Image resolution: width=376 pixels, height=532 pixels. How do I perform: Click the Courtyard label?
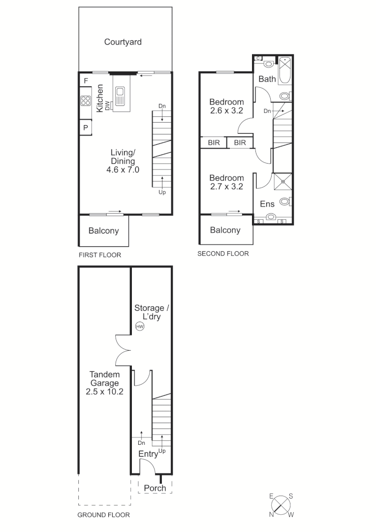[123, 42]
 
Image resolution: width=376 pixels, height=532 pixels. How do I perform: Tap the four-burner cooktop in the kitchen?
[86, 100]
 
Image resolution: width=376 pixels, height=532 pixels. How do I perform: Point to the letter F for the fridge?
[86, 81]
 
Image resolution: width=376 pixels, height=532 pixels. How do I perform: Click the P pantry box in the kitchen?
[85, 128]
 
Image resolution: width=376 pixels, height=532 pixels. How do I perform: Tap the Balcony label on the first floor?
[103, 231]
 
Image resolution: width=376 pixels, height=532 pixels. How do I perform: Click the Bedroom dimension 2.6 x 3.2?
[226, 111]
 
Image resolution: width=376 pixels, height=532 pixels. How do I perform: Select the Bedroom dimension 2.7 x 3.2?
[226, 187]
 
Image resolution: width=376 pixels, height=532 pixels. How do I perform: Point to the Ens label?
[267, 204]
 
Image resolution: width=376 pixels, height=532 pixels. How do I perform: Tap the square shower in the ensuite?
[283, 181]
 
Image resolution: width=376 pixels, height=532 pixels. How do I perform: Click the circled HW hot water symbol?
[139, 326]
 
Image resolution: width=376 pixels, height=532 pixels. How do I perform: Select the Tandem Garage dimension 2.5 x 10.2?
[104, 392]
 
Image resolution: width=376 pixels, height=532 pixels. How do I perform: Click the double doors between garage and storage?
[123, 350]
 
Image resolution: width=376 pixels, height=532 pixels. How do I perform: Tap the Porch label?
[155, 488]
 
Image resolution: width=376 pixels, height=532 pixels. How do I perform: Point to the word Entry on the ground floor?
[148, 454]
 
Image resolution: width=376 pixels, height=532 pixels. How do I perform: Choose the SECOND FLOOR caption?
[223, 254]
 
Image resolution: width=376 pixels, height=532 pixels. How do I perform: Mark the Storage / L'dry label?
[152, 312]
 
